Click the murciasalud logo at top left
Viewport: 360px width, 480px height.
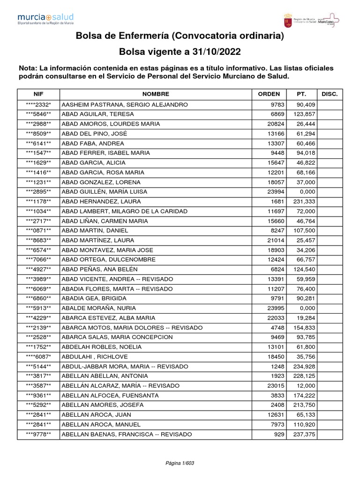tap(45, 19)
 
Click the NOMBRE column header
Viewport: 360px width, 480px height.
tap(156, 94)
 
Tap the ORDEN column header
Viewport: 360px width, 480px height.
tap(269, 94)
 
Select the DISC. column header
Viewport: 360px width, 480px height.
tap(330, 94)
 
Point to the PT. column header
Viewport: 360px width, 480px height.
tap(301, 94)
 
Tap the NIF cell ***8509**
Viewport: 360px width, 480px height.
tap(38, 133)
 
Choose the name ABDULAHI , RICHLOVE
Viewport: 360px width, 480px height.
tap(95, 357)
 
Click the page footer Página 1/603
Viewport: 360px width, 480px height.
tap(180, 463)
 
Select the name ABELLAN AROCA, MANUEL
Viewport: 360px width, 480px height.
tap(97, 425)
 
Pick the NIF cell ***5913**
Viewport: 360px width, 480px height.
tap(38, 308)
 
